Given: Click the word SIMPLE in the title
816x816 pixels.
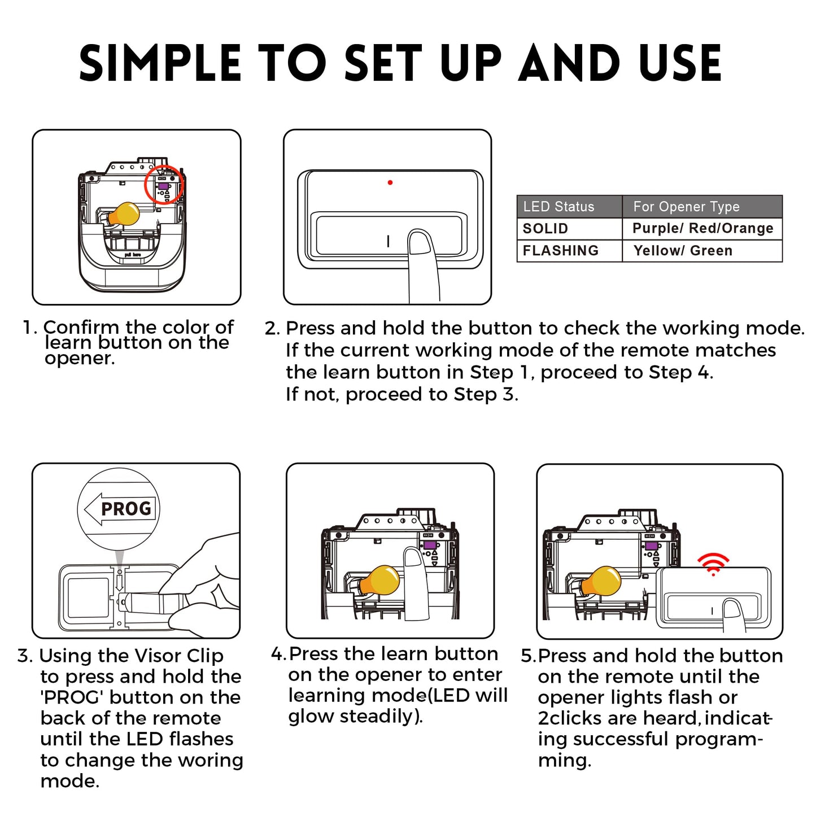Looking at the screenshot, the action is pyautogui.click(x=160, y=63).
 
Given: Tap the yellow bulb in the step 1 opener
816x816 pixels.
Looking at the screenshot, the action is pyautogui.click(x=124, y=213).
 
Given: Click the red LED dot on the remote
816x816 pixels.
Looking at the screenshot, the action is pyautogui.click(x=390, y=182).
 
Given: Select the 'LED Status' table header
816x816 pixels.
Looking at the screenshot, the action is pyautogui.click(x=558, y=207).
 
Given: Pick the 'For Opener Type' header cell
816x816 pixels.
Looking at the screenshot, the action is pyautogui.click(x=687, y=207).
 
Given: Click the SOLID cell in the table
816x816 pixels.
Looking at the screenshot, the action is pyautogui.click(x=546, y=229).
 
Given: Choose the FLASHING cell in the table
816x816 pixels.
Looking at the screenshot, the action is pyautogui.click(x=561, y=251).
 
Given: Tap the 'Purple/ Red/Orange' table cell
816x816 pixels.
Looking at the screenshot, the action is pyautogui.click(x=702, y=228).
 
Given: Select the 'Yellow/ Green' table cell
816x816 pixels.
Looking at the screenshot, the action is pyautogui.click(x=683, y=251).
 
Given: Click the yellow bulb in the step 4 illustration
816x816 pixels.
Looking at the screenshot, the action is pyautogui.click(x=380, y=580).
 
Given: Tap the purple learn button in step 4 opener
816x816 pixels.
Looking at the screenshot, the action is pyautogui.click(x=430, y=545).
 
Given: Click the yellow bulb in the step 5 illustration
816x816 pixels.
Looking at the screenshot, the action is pyautogui.click(x=601, y=581).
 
